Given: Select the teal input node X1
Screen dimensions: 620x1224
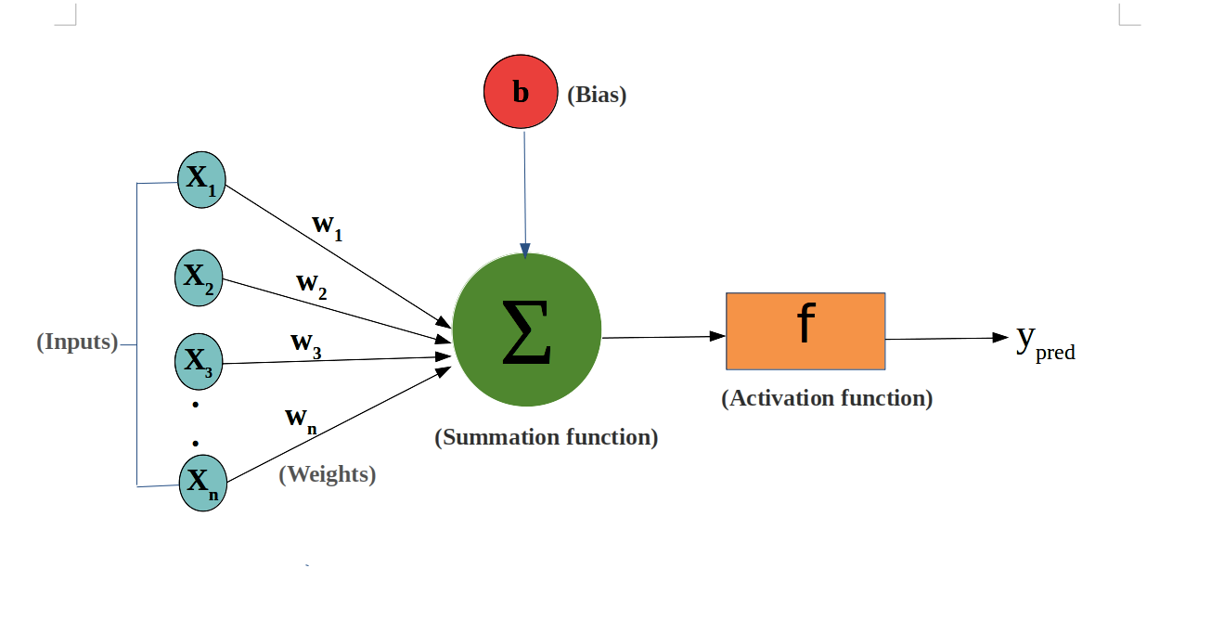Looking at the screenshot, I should pos(201,179).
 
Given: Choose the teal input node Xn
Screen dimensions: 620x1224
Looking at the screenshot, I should pos(202,483).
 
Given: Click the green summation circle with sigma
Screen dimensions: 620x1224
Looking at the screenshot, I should pos(527,330).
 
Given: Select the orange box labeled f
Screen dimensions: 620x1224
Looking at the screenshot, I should pos(805,331).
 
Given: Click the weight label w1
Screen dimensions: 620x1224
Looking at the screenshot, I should pos(328,226).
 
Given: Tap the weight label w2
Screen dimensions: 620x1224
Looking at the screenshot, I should pos(312,286).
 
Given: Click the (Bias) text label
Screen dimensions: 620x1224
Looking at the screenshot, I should pos(597,95).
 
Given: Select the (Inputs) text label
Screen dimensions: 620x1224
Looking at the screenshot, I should pos(78,342).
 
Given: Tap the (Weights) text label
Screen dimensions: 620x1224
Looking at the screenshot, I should pos(328,474).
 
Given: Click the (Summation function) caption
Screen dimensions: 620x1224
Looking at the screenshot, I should pos(547,437).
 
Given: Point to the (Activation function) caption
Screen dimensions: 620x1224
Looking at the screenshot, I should pos(827,398).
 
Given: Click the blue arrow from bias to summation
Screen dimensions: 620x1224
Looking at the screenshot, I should pos(525,195).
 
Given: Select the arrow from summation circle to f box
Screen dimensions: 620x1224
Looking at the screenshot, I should pos(664,337).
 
